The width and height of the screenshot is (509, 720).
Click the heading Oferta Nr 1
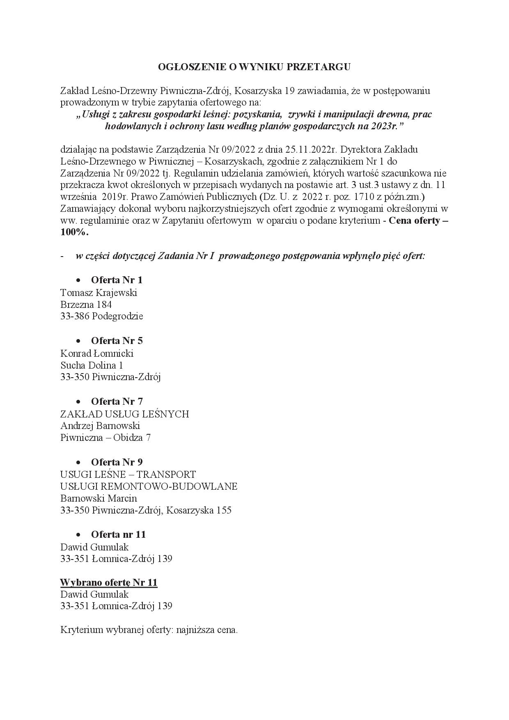[117, 280]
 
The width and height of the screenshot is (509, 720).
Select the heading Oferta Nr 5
[117, 341]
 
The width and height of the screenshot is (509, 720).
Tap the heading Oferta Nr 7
[117, 401]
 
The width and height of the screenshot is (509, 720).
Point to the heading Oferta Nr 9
[117, 462]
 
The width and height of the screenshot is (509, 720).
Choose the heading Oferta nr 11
[118, 534]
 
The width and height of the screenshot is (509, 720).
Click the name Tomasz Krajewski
[99, 293]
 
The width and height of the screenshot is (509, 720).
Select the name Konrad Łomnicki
[97, 353]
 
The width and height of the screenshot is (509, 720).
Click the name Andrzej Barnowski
[100, 426]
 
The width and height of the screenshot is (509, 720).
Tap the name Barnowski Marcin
[99, 498]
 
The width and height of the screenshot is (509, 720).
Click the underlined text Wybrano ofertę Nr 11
[109, 582]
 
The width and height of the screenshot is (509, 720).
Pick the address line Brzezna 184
[86, 305]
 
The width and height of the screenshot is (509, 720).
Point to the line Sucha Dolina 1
[92, 365]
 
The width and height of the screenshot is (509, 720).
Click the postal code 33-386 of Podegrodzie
[75, 316]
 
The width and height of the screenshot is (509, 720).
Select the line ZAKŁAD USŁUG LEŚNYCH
[124, 414]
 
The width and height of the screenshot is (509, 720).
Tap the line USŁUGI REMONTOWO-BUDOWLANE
[149, 486]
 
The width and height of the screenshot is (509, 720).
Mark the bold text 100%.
[74, 232]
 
